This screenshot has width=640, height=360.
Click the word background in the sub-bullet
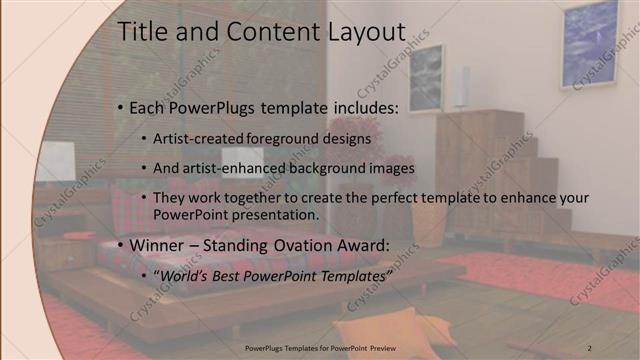[336, 168]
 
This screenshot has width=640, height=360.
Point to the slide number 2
[589, 347]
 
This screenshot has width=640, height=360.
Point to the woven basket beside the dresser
[428, 225]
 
